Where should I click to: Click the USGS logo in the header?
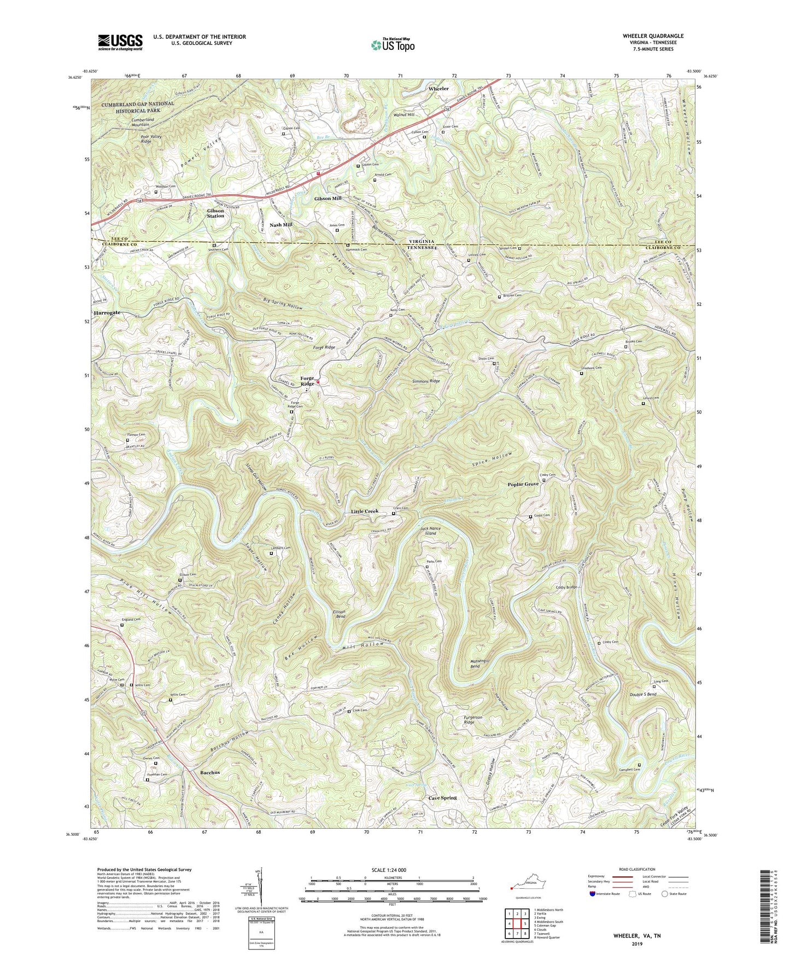120,42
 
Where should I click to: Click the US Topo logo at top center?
392,45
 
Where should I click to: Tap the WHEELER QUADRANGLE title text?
653,36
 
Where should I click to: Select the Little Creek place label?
364,511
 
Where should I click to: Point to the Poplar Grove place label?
523,484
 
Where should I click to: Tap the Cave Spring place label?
442,797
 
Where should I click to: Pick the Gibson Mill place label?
327,198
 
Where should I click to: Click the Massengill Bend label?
482,663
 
